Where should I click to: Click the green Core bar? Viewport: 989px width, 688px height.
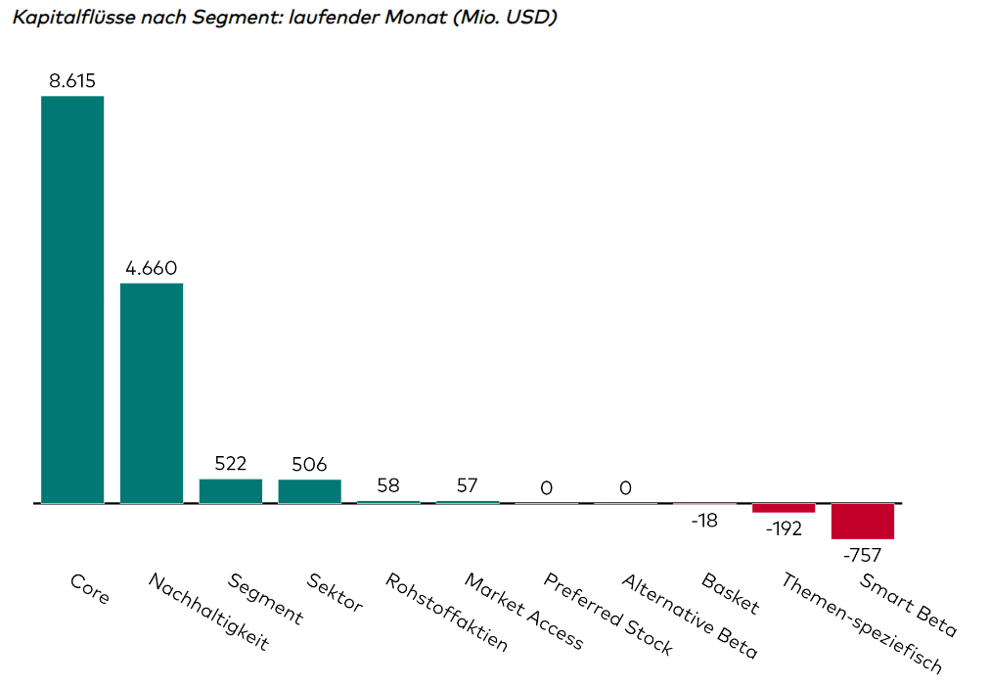click(72, 299)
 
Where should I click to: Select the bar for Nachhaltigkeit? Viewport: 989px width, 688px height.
click(152, 393)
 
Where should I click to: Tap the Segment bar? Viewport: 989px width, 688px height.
click(231, 491)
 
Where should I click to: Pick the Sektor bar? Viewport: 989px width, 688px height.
click(310, 491)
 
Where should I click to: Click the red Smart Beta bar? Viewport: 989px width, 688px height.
click(863, 522)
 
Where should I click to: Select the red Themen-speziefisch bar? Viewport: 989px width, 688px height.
click(784, 508)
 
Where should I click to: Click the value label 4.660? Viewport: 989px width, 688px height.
click(152, 268)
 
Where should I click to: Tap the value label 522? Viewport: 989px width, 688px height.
click(231, 464)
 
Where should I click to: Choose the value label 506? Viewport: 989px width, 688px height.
click(310, 464)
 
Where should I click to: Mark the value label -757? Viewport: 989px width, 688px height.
click(862, 555)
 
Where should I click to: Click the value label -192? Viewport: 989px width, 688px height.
click(783, 528)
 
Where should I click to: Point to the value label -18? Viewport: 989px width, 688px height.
click(704, 521)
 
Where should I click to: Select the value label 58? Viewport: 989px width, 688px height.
click(388, 486)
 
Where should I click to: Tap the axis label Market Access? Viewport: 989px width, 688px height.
click(523, 613)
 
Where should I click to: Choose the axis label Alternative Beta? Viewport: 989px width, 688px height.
click(689, 616)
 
